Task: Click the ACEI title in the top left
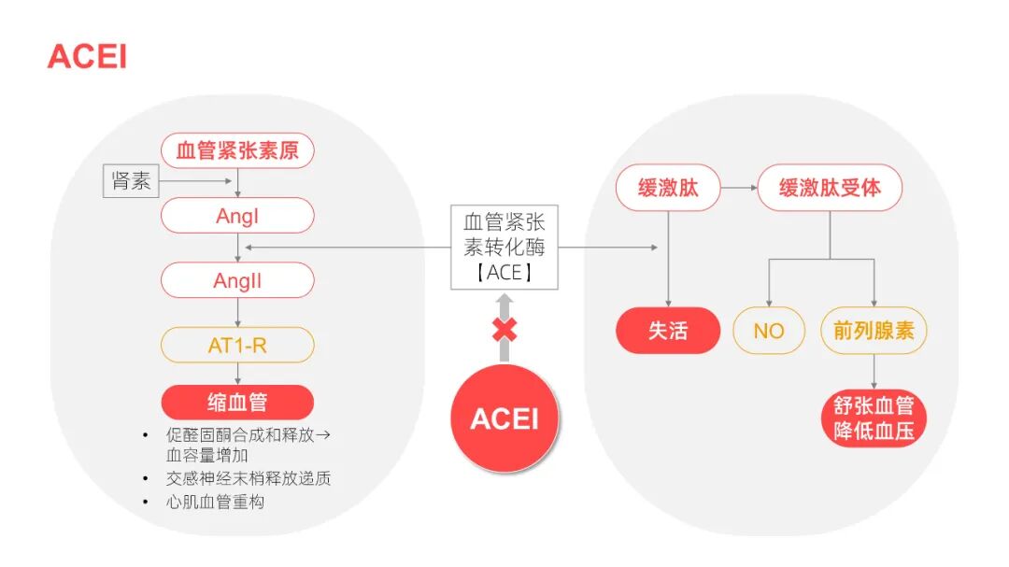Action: [x=87, y=56]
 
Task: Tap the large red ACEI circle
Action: [x=504, y=418]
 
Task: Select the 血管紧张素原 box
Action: [x=237, y=150]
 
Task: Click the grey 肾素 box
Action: [x=131, y=181]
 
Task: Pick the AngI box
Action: [x=237, y=216]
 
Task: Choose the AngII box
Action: [x=237, y=280]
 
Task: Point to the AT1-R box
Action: [x=237, y=346]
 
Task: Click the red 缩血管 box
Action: [x=237, y=403]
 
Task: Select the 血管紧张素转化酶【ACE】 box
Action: [x=504, y=248]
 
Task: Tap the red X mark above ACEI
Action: [x=504, y=330]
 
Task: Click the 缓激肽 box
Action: [x=668, y=189]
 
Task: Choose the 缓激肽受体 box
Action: [x=831, y=189]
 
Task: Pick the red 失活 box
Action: [x=668, y=331]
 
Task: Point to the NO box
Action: [x=768, y=331]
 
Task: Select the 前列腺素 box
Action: [x=874, y=331]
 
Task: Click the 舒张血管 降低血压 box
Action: [x=874, y=418]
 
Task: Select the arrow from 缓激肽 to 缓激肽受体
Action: [x=739, y=189]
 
